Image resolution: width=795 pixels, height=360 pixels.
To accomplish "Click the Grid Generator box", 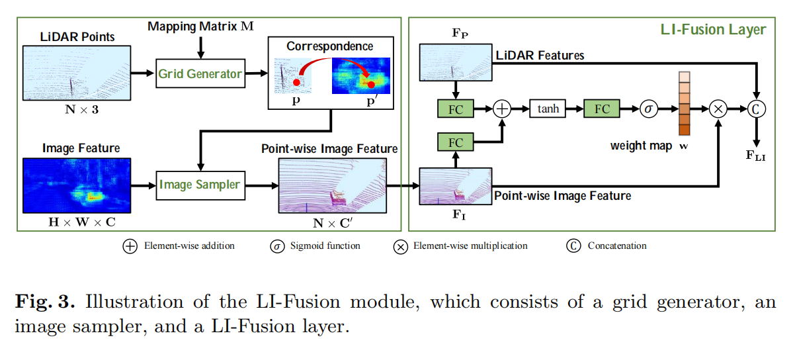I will coord(200,73).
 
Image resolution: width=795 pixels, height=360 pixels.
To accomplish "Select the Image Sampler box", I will coord(200,185).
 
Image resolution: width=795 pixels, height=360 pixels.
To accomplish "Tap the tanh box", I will coord(548,109).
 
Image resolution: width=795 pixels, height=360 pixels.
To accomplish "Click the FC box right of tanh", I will coord(602,109).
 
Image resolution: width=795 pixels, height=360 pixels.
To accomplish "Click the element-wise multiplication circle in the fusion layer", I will coord(718,109).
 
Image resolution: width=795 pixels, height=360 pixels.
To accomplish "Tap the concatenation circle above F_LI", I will coord(755,109).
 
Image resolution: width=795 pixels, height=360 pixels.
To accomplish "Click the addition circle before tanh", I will coord(503,109).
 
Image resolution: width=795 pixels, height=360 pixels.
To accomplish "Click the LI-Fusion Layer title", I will coord(713,30).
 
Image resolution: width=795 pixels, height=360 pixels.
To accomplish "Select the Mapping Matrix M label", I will coord(200,26).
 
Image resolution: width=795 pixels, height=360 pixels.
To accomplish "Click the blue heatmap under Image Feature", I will coord(76,185).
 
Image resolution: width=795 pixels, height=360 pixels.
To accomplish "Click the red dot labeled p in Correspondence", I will coord(297,82).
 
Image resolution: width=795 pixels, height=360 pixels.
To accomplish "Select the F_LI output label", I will coord(755,156).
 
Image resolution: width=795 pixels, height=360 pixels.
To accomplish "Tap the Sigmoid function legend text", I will coord(323,246).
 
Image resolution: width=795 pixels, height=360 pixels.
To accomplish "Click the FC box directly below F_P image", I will coord(456,109).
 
